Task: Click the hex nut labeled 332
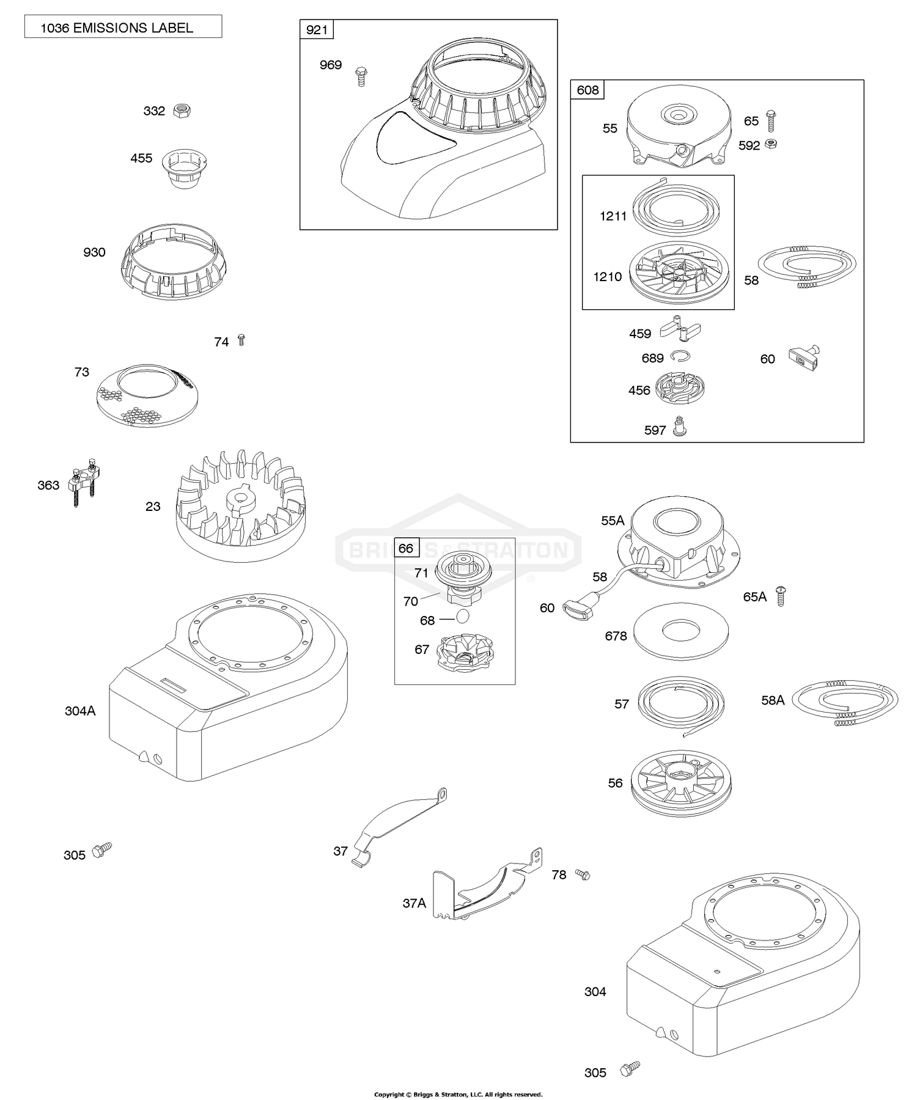(x=182, y=111)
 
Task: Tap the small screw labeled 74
(x=241, y=340)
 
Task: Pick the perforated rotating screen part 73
(x=147, y=395)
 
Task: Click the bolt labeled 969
(x=360, y=76)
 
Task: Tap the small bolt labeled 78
(x=582, y=875)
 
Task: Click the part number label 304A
(x=80, y=711)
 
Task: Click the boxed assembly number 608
(x=587, y=90)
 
